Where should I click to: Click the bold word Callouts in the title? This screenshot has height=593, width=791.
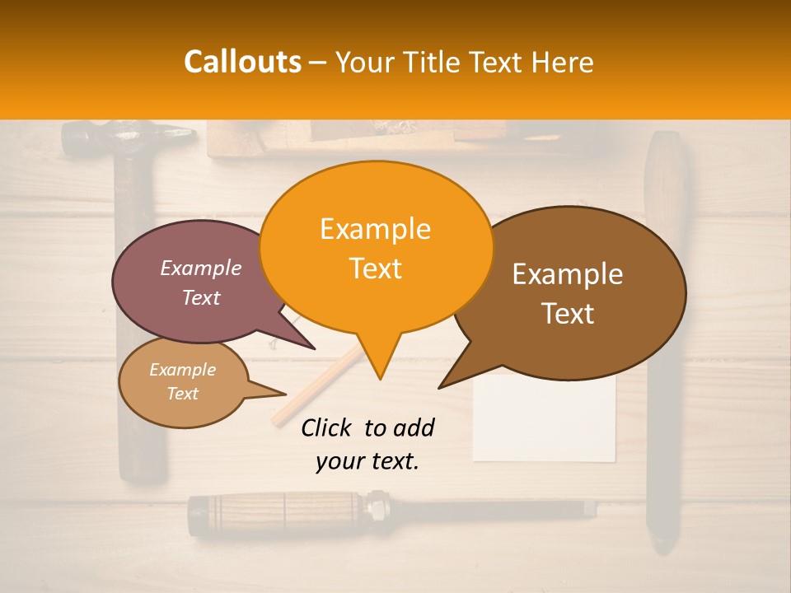tap(242, 62)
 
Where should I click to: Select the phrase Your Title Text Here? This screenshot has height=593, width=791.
tap(464, 62)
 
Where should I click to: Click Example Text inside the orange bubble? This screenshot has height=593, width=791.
tap(376, 248)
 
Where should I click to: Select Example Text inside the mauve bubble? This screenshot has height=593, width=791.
tap(201, 282)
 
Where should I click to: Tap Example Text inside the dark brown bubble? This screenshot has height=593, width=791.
tap(568, 293)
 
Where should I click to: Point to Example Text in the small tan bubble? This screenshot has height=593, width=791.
tap(182, 381)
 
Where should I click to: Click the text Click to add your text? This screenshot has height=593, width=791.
tap(367, 445)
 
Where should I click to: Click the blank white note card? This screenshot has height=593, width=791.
tap(545, 420)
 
